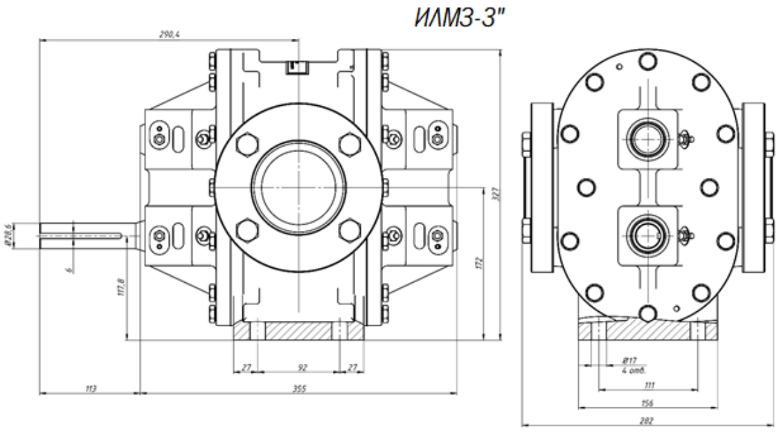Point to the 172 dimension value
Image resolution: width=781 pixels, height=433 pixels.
tap(479, 263)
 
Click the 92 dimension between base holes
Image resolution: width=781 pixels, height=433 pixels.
tap(302, 367)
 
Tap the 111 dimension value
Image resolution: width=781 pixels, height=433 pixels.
tap(649, 384)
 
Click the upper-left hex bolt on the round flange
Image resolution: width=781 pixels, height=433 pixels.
tap(246, 146)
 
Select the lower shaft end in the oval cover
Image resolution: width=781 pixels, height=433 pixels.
tap(646, 233)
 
